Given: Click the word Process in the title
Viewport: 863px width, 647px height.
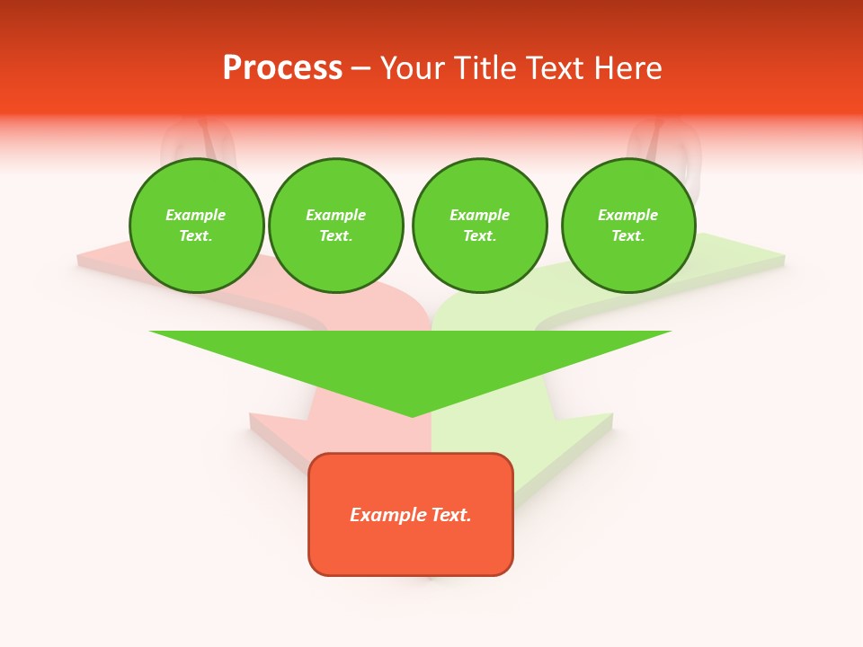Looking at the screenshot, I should point(282,68).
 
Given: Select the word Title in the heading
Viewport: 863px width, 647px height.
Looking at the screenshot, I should point(486,68).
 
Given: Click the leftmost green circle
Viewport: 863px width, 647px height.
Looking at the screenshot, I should point(197,226).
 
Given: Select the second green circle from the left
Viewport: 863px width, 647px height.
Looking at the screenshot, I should point(336,226).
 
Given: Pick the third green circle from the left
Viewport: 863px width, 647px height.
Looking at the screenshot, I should point(479,226).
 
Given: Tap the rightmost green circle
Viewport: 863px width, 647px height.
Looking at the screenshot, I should point(628,226).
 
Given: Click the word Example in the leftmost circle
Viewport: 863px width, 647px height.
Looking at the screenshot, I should point(196,215).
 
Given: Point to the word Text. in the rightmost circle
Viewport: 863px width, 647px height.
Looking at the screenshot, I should point(628,236).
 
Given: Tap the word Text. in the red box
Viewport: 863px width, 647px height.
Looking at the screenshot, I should point(451,515).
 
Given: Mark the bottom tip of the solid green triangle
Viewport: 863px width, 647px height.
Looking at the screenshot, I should point(412,415).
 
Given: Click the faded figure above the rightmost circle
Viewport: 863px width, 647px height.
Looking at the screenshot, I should point(665,144).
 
